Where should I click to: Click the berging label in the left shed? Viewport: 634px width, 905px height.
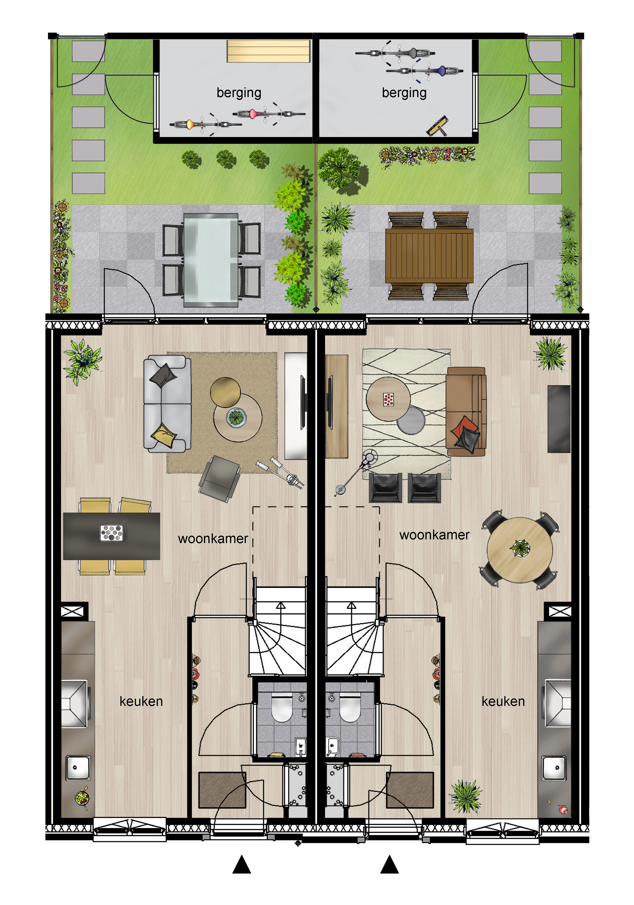239,93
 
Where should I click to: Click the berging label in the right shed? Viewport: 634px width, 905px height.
404,93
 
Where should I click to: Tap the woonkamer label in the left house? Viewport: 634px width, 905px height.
213,538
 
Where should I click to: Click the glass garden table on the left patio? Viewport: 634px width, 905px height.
211,260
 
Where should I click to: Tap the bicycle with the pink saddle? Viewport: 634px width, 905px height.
269,114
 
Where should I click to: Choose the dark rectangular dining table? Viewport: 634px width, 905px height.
112,536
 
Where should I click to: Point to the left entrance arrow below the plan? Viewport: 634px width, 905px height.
241,865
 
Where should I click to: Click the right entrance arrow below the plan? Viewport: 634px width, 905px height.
389,865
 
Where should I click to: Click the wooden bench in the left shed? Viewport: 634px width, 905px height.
268,51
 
